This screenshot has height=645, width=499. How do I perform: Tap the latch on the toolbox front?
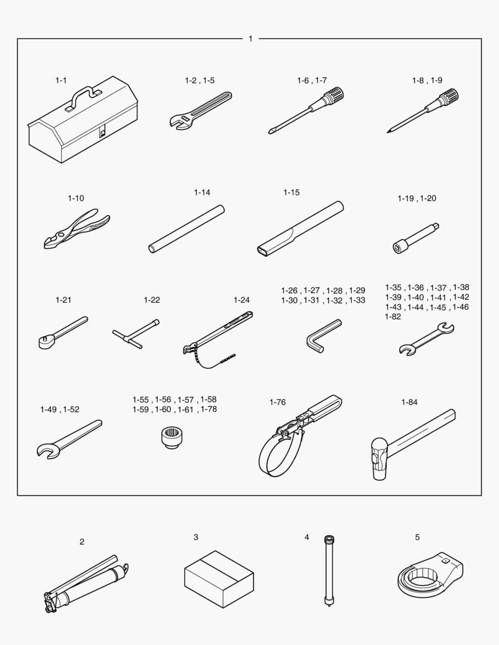coord(102,133)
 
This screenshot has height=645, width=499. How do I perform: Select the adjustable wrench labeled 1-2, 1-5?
coord(201,110)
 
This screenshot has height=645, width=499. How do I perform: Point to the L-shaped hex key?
coord(324,336)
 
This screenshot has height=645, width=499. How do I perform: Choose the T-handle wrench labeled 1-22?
coord(136,333)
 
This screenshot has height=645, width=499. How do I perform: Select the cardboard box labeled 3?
coord(219,579)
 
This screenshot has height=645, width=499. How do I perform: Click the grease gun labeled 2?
coord(86,584)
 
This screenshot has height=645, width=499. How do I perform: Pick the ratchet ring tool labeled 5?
coord(430,573)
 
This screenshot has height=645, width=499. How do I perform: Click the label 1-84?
coord(409,402)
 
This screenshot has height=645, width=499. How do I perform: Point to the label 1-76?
coord(277,402)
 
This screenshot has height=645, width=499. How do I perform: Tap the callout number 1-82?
coord(393,317)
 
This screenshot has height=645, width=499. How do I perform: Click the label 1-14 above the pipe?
coord(202,192)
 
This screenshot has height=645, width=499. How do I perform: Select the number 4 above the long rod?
coord(307,537)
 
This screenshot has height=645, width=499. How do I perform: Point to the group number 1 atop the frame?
coord(250,39)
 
